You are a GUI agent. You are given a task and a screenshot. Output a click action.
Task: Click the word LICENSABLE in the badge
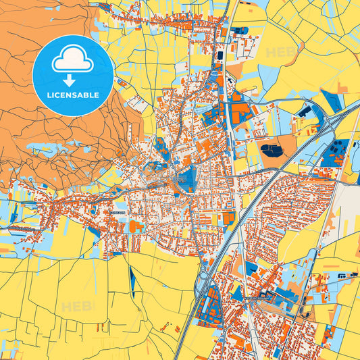(x=72, y=95)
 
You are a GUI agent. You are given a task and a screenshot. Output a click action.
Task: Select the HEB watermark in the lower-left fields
(x=75, y=307)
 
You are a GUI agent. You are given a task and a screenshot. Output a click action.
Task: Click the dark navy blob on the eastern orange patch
(x=272, y=150)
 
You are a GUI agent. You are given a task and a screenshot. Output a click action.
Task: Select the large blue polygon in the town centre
(x=185, y=179)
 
